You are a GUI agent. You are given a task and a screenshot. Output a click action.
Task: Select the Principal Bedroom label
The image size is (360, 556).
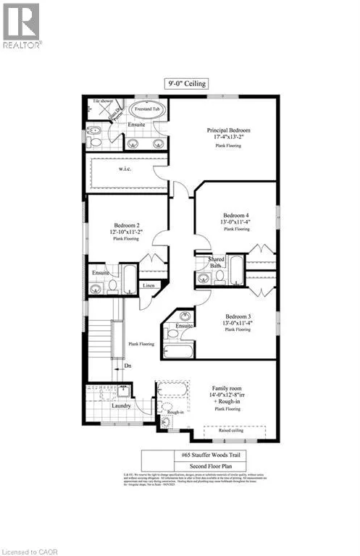[x=228, y=130]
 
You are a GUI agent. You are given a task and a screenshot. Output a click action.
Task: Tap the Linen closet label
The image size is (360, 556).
[x=148, y=286]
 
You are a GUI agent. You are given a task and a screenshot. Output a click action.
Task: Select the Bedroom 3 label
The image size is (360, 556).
[x=238, y=317]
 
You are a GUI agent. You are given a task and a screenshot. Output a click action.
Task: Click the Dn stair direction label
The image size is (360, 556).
[x=127, y=366]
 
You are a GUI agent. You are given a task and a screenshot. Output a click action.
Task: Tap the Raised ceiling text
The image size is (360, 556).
[x=236, y=430]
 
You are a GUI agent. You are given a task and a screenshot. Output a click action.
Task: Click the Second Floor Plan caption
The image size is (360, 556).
[x=205, y=466]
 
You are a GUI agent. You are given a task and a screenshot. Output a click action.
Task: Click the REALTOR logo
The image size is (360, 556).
[x=22, y=25]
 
